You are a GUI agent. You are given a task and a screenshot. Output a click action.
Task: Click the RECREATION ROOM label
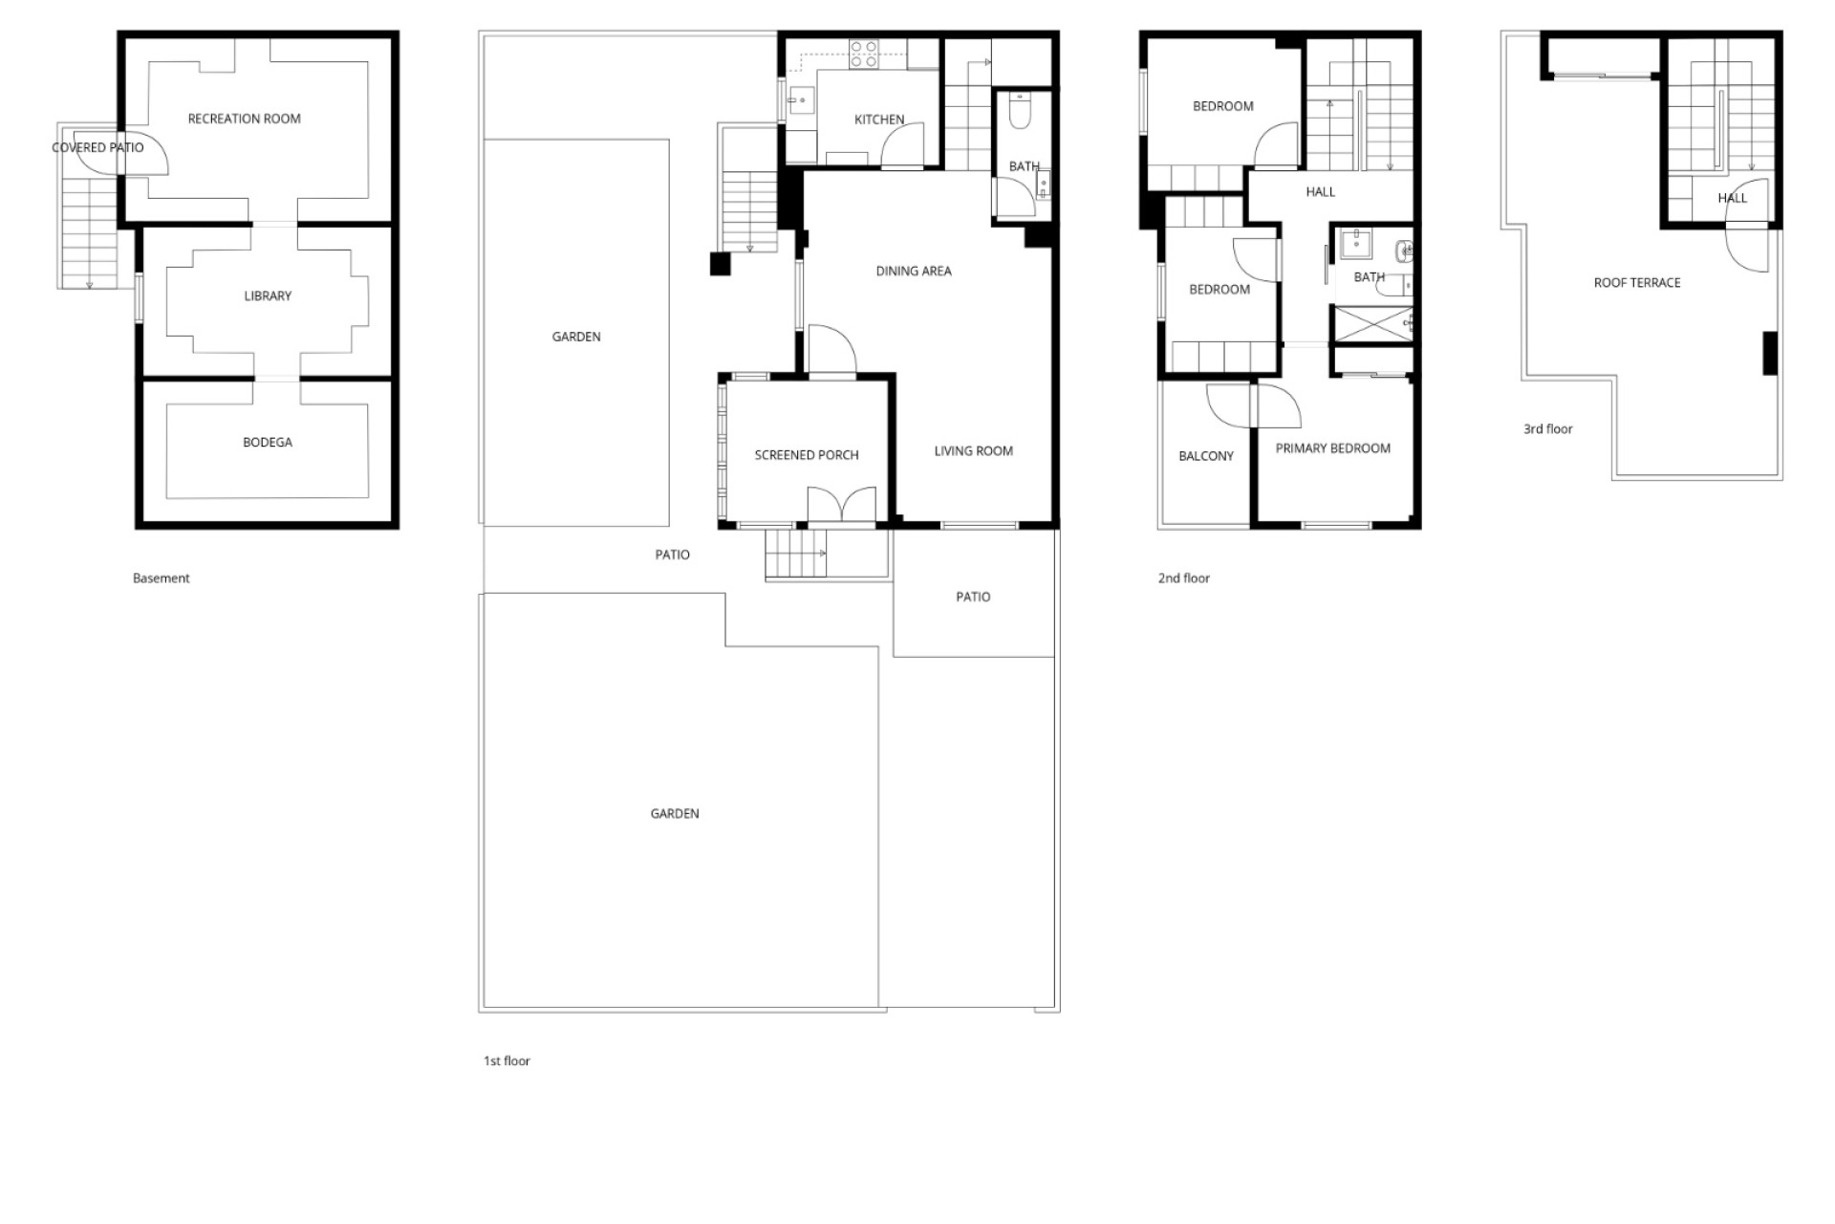click(244, 119)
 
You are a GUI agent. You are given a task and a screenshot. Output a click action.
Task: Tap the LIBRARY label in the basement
click(268, 295)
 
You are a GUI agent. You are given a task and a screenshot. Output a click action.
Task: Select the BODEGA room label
click(268, 442)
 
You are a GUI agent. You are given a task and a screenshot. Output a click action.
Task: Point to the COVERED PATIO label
click(97, 147)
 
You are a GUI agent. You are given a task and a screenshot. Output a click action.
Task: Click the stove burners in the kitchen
click(864, 54)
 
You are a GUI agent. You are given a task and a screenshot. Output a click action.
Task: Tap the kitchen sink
click(801, 99)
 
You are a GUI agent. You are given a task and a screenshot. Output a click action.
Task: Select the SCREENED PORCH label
click(807, 454)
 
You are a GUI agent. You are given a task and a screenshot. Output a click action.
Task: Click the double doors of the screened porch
click(841, 505)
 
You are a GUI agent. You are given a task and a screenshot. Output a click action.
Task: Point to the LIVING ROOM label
click(973, 450)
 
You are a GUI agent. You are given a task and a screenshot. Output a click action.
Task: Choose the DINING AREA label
click(914, 271)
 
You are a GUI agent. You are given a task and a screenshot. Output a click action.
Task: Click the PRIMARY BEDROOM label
click(1332, 448)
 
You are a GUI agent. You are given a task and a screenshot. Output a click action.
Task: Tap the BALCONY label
click(1206, 456)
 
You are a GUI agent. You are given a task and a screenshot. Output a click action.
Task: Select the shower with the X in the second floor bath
click(1372, 323)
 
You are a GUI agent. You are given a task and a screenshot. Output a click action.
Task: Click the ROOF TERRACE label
click(1637, 282)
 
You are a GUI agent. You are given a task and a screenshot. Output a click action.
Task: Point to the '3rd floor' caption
click(1547, 428)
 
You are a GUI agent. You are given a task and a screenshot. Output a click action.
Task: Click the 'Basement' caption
click(161, 578)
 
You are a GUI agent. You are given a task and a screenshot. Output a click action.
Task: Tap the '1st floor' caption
click(507, 1060)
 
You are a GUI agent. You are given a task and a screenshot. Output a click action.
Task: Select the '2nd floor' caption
click(1183, 578)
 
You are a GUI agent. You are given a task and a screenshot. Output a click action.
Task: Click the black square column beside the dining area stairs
click(720, 263)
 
